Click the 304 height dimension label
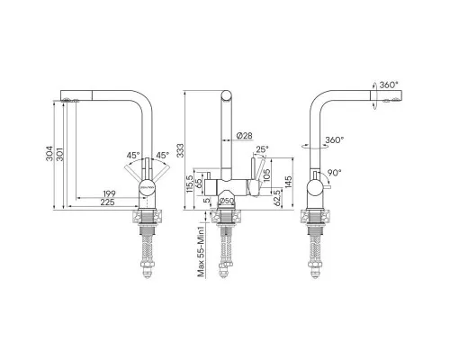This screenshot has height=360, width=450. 49,154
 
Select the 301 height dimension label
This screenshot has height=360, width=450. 60,154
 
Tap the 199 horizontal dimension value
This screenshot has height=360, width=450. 109,193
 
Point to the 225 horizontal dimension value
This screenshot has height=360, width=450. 107,202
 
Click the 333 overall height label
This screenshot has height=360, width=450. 180,150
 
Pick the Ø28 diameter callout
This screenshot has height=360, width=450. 244,136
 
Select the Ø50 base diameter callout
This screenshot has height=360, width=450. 227,201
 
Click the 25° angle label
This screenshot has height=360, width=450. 262,149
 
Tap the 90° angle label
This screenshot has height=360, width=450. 334,173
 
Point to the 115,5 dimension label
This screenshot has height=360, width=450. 189,184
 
